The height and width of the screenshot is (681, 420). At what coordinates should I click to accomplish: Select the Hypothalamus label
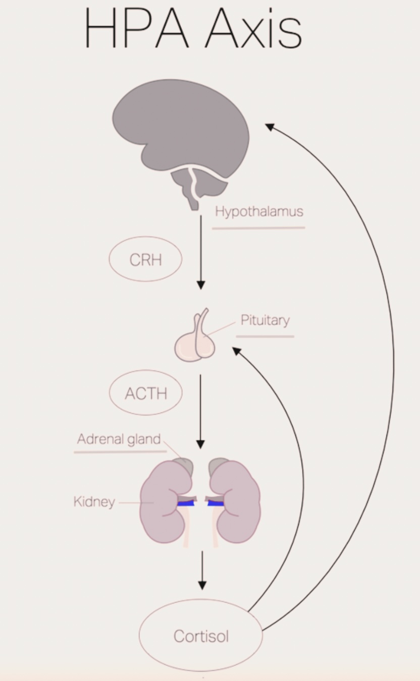pyautogui.click(x=259, y=211)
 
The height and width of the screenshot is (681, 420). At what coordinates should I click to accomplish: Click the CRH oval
pyautogui.click(x=145, y=259)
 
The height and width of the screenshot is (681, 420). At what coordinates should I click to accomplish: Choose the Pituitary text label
pyautogui.click(x=265, y=320)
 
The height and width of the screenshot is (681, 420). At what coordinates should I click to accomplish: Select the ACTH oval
pyautogui.click(x=145, y=393)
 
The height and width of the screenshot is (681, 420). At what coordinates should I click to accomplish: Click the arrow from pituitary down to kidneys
pyautogui.click(x=200, y=411)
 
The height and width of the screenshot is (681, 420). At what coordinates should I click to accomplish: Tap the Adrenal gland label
pyautogui.click(x=119, y=439)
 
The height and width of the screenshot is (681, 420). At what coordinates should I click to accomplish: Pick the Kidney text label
pyautogui.click(x=94, y=502)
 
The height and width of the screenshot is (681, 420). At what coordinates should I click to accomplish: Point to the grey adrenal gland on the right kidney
pyautogui.click(x=218, y=464)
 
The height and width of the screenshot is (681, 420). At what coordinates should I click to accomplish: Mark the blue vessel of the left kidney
pyautogui.click(x=186, y=503)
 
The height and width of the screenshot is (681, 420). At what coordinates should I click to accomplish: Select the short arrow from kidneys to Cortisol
pyautogui.click(x=202, y=570)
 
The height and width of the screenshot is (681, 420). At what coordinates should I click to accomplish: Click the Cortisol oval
pyautogui.click(x=201, y=636)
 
